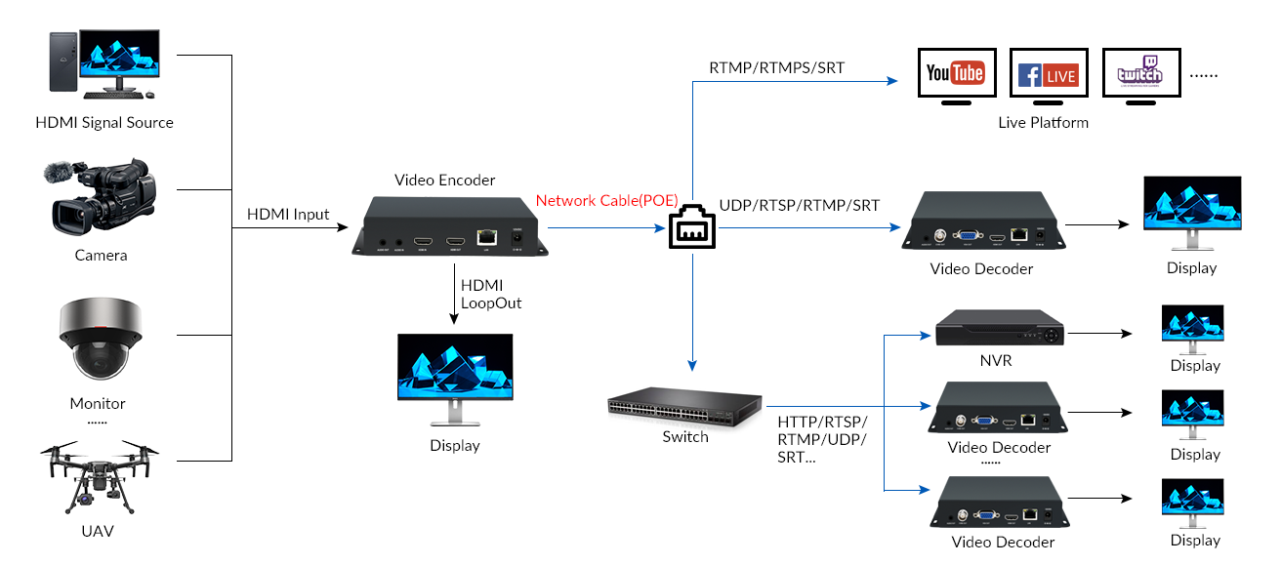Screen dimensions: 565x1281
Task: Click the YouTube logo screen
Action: [956, 74]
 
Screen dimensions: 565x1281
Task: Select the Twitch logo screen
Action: [1140, 74]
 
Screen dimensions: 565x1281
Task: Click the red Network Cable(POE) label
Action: [606, 201]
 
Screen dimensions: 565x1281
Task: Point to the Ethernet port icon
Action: [691, 230]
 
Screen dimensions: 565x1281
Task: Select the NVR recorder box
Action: [996, 330]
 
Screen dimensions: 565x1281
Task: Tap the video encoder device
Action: [449, 227]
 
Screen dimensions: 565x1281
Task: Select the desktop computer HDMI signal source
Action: [103, 63]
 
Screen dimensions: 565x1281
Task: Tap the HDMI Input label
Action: [288, 215]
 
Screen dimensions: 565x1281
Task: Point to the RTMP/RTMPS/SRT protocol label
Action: [776, 68]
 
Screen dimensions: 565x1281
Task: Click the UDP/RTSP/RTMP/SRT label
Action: [799, 206]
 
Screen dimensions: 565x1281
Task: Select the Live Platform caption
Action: [1043, 123]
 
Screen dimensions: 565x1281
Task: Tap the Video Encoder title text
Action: [444, 181]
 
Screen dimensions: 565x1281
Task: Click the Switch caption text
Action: [684, 437]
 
